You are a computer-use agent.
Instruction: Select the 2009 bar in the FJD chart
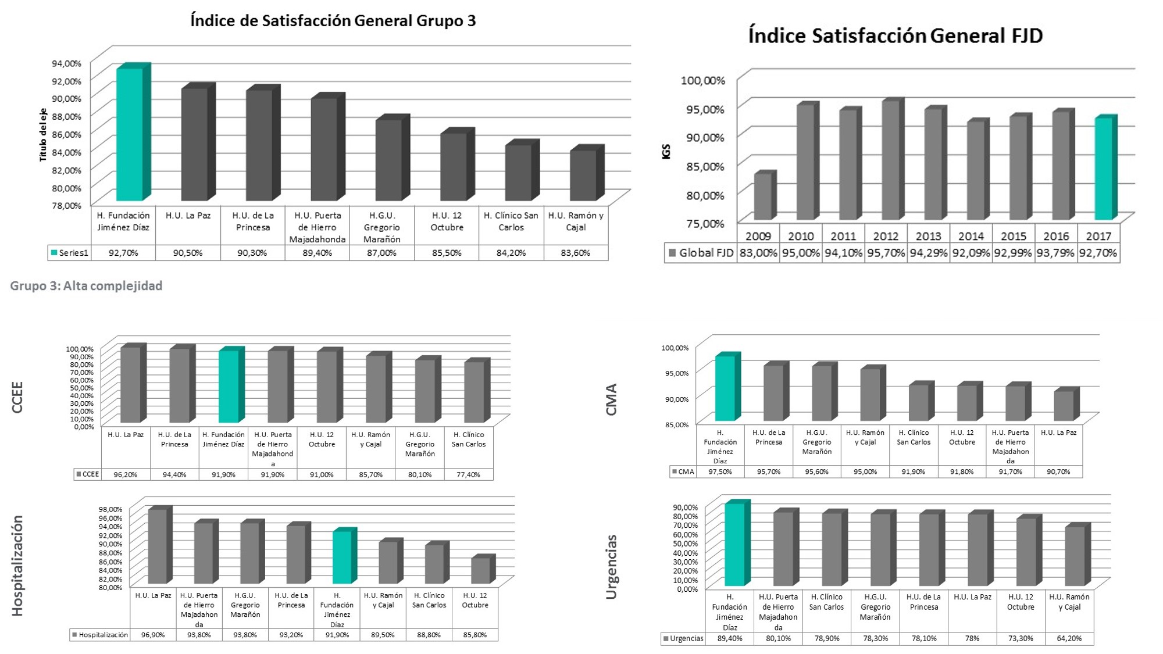(x=762, y=196)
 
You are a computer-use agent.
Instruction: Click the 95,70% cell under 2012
(x=886, y=253)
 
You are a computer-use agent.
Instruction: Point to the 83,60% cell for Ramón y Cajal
(x=576, y=253)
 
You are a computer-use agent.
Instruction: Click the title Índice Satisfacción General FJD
(x=895, y=35)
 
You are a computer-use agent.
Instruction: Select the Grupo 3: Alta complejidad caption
(x=86, y=285)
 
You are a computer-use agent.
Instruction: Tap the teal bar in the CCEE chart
(x=229, y=386)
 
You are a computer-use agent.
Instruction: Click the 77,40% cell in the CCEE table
(x=468, y=474)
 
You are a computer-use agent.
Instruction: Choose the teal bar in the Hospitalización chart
(x=342, y=557)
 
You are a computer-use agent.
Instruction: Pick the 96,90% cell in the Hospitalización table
(x=153, y=635)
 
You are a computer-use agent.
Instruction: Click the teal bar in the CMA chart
(x=725, y=388)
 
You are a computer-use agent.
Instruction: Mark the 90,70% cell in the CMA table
(x=1058, y=471)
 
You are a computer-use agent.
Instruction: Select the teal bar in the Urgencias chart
(x=734, y=544)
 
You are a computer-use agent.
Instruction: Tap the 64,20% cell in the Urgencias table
(x=1069, y=638)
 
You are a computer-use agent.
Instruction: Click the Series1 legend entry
(x=70, y=253)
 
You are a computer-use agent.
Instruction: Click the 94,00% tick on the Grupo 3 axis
(x=67, y=63)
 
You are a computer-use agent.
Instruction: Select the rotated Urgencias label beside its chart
(x=611, y=567)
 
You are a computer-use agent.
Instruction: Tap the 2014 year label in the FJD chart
(x=971, y=236)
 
